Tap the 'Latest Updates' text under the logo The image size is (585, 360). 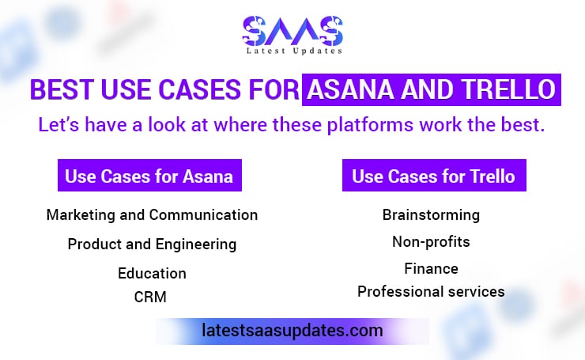click(292, 51)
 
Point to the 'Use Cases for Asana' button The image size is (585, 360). click(149, 176)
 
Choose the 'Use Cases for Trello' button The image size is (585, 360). click(433, 176)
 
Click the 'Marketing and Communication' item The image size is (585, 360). click(152, 214)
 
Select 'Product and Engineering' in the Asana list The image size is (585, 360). click(152, 244)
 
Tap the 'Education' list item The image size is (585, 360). click(152, 273)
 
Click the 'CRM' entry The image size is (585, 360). click(151, 297)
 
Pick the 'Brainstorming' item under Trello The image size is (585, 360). click(431, 214)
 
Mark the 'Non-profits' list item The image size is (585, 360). click(431, 241)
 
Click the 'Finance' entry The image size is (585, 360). click(431, 268)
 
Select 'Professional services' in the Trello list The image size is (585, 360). click(431, 291)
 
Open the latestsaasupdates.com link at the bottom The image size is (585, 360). click(292, 330)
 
